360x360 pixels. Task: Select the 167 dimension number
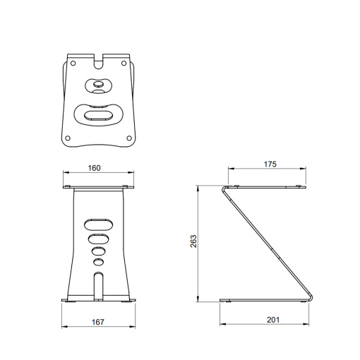tap(98, 322)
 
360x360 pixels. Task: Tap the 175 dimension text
tap(269, 164)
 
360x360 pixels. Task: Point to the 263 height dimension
tap(193, 241)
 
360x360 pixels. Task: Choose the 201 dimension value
tap(272, 320)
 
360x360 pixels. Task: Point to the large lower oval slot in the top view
tap(98, 114)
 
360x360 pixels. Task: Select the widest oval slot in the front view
tap(98, 224)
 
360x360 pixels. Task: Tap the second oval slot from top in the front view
tap(98, 238)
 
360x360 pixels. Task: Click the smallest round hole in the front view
tap(98, 262)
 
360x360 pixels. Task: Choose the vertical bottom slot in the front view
tap(98, 285)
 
